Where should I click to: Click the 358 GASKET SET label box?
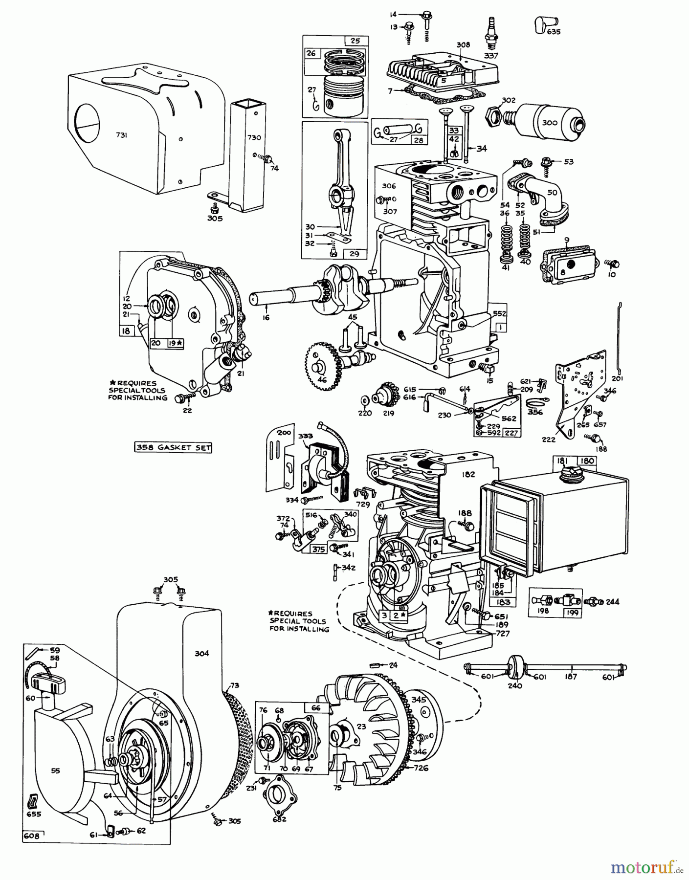pos(173,447)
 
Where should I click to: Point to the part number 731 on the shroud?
pos(122,135)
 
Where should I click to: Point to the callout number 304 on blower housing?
pos(201,653)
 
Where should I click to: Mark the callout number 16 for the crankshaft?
pos(266,317)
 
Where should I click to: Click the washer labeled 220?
pos(364,401)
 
